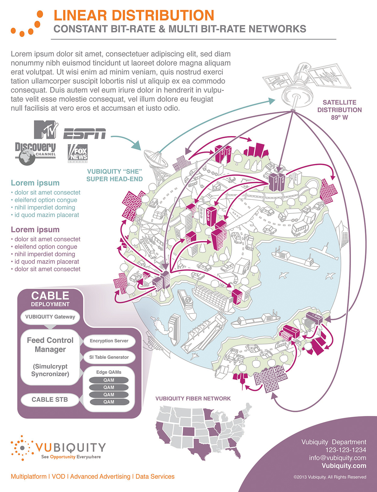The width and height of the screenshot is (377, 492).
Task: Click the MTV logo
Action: tap(46, 129)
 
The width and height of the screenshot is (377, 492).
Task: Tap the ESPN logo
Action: tap(84, 134)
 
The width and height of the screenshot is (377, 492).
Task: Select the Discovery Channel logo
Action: tap(35, 152)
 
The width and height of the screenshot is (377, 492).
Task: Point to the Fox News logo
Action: tap(78, 153)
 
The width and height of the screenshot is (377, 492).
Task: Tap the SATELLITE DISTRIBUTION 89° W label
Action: tap(339, 110)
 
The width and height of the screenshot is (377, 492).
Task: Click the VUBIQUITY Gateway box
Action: tap(50, 317)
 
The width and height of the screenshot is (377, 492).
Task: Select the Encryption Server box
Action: tap(109, 341)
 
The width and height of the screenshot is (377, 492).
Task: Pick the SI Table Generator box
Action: tap(109, 357)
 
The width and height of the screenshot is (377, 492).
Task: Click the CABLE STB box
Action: tap(50, 400)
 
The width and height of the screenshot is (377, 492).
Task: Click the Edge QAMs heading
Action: tap(109, 372)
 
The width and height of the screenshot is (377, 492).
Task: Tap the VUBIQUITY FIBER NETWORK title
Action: tap(193, 399)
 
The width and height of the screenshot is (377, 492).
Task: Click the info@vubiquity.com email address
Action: tap(337, 458)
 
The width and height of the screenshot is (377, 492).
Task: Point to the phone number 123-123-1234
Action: tap(346, 450)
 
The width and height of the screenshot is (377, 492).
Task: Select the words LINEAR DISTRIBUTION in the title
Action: tap(134, 15)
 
